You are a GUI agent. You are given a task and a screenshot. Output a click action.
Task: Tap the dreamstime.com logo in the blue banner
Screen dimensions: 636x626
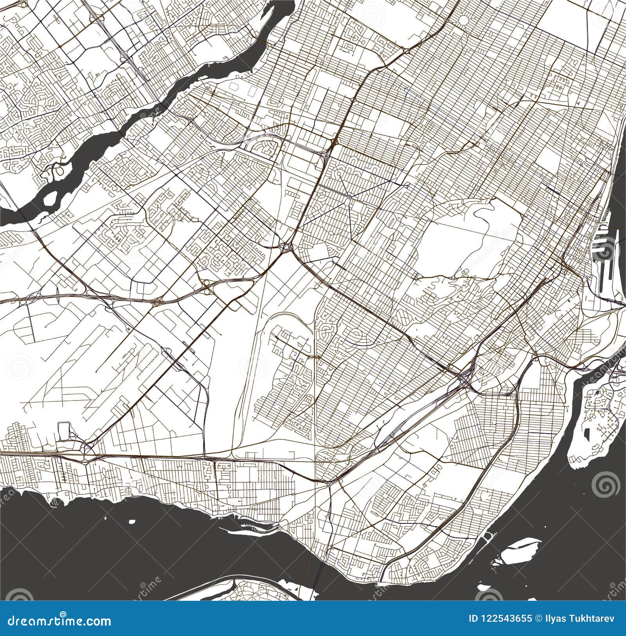57,621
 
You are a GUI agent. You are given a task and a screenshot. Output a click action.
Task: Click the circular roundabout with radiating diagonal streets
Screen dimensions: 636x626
347,201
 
